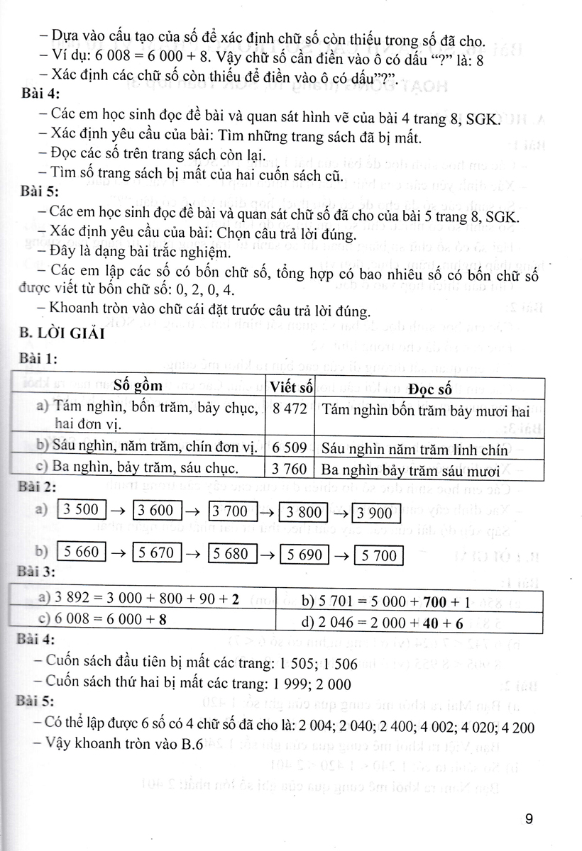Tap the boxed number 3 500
(81, 510)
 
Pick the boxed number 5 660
(81, 551)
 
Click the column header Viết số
(292, 387)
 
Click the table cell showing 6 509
(291, 448)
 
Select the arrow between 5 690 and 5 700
(341, 555)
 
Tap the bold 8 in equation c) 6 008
(163, 618)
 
